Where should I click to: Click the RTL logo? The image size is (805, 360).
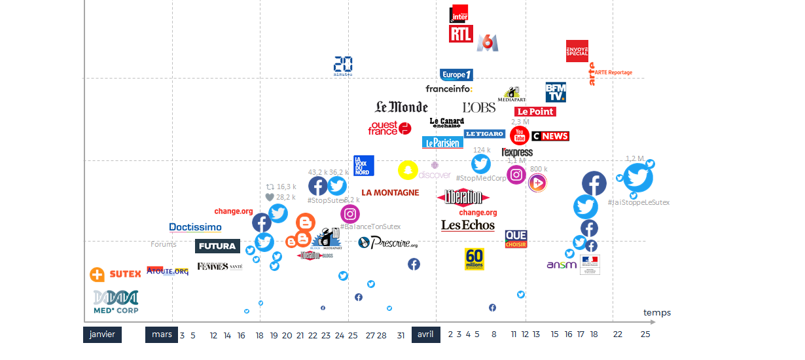(461, 34)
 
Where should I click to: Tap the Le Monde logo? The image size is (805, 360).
(401, 107)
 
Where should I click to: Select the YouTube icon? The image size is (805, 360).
(520, 135)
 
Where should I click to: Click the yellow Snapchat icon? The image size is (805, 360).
(408, 170)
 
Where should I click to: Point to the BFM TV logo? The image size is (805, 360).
(555, 92)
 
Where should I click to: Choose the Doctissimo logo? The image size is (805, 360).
(195, 228)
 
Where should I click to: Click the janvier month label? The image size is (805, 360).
(103, 334)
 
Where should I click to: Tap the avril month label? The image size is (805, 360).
(425, 334)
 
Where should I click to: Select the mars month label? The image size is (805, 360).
(162, 334)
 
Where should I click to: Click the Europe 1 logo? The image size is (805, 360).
(456, 75)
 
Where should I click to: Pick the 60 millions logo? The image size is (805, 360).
(474, 259)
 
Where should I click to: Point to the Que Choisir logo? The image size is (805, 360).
(516, 239)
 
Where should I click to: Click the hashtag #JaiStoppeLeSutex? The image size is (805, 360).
(638, 202)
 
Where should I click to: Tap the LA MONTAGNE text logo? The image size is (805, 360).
(390, 192)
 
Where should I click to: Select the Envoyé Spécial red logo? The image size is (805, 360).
(577, 51)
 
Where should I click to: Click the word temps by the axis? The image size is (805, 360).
(657, 313)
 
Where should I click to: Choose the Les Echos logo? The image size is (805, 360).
(468, 225)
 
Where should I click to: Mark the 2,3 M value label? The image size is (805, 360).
(520, 122)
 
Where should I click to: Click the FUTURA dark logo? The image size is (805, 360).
(217, 246)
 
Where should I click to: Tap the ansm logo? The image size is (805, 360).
(562, 264)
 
